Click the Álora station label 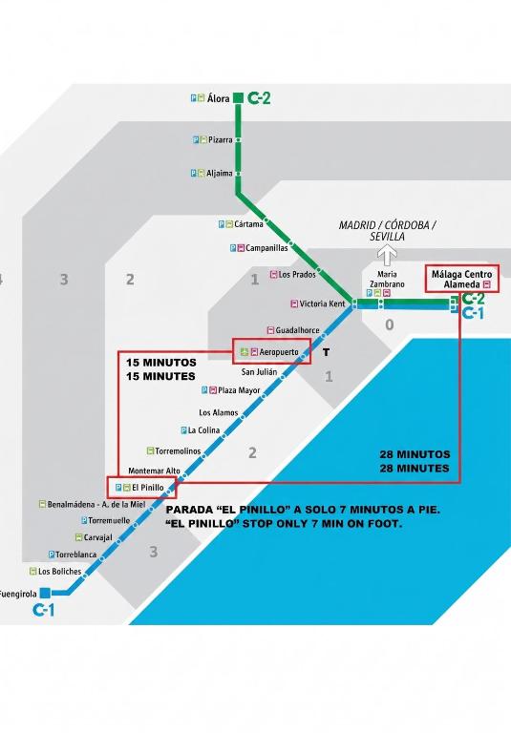click(219, 98)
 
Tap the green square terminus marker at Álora click(238, 98)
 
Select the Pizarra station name click(221, 139)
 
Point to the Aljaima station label click(220, 174)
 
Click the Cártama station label click(248, 224)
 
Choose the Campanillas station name click(266, 248)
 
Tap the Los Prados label click(297, 275)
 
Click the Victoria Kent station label click(322, 304)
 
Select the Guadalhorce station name click(297, 330)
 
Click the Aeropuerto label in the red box click(279, 352)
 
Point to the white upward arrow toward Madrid click(388, 256)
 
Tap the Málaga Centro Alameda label click(462, 279)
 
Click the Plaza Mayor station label click(239, 390)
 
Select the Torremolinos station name click(178, 451)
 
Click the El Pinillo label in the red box click(148, 488)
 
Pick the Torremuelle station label click(109, 520)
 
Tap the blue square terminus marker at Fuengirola click(45, 594)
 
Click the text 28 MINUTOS click(415, 454)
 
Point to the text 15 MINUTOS click(161, 363)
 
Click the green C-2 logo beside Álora click(259, 98)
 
